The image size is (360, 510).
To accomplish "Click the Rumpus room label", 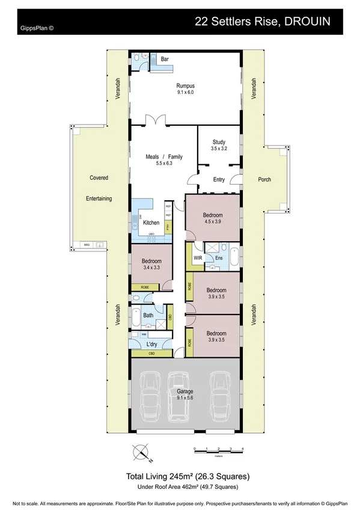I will point(185,86).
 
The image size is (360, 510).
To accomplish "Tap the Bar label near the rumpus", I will point(164,59).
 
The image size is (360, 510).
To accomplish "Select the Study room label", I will point(219,142).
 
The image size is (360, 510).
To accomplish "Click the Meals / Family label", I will point(164,157).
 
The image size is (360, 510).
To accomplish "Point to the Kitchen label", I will point(151,223).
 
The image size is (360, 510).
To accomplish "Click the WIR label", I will point(198,258).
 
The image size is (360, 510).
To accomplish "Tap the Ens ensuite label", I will point(219,259).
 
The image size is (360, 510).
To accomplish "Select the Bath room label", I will point(148,315).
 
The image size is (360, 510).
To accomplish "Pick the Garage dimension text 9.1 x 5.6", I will point(185,398).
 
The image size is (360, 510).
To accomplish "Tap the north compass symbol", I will point(142,452).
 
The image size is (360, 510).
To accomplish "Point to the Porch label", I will point(264,179).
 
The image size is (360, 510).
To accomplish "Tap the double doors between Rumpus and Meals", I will point(158,121).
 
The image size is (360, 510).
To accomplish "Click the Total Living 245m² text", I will point(187,476).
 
